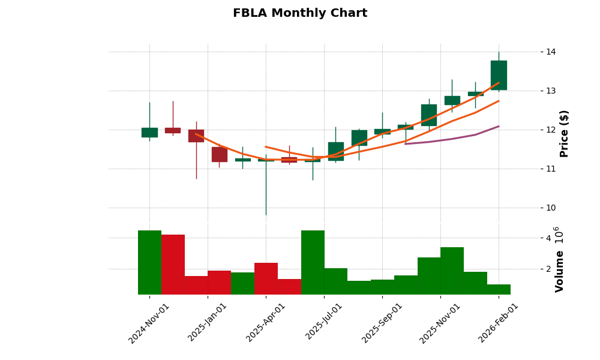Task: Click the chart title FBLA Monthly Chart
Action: [300, 13]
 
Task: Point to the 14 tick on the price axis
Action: [551, 52]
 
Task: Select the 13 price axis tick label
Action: [551, 91]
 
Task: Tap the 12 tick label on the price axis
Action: [551, 130]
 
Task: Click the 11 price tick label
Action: [551, 169]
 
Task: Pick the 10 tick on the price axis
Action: [551, 208]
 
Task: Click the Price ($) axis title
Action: [564, 133]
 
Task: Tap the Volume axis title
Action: [560, 271]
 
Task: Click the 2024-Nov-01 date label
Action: [149, 323]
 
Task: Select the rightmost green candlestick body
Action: [499, 75]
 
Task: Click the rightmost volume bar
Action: [499, 289]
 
